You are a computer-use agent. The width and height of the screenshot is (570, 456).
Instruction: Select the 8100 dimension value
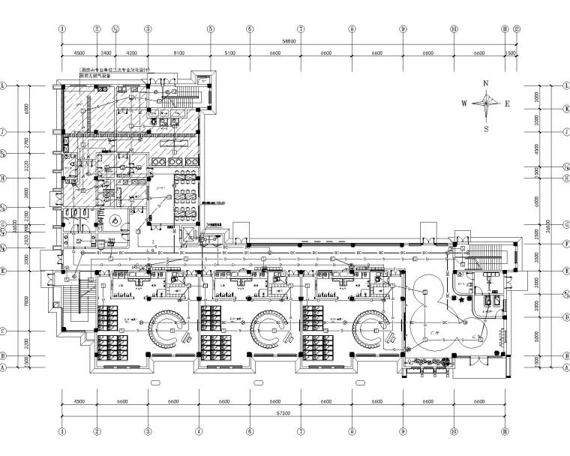(178, 54)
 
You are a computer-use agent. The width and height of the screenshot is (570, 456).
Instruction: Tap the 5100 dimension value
(229, 54)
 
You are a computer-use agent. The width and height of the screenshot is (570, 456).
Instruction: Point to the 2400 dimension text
(106, 54)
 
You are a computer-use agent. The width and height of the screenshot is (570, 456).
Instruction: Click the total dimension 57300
(283, 413)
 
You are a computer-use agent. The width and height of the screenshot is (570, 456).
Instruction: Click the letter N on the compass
(486, 83)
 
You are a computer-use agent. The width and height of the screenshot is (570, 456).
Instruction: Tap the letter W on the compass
(464, 104)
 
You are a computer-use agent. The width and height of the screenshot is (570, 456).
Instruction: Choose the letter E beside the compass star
(507, 104)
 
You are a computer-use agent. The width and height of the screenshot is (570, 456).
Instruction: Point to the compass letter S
(486, 128)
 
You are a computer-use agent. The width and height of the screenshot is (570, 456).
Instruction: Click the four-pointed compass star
(486, 104)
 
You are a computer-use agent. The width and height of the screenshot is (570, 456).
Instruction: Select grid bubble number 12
(519, 30)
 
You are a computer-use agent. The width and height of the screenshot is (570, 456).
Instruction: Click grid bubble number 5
(211, 30)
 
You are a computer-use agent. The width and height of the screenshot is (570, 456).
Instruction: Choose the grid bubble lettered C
(4, 331)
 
